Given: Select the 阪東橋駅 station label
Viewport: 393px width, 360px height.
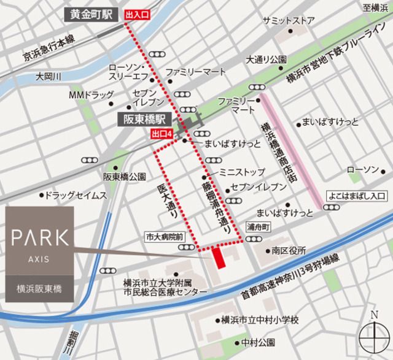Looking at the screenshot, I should click(143, 120).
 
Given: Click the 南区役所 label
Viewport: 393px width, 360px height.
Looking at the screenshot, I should click(289, 250).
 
